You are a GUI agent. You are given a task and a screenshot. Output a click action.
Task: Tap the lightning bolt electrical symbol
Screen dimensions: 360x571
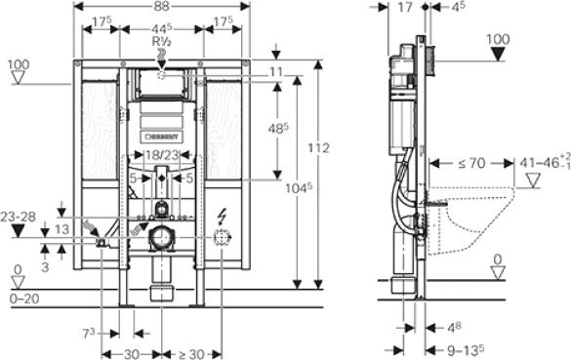point(224,217)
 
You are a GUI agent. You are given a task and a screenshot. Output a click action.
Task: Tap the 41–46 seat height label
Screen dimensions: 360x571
point(541,163)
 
